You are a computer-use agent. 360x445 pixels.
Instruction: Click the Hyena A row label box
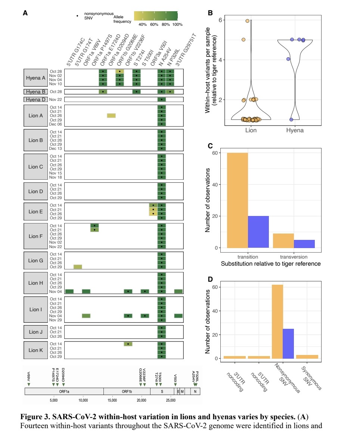click(35, 77)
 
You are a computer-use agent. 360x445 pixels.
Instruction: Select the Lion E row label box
click(36, 211)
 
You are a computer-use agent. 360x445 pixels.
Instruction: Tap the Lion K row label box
click(36, 350)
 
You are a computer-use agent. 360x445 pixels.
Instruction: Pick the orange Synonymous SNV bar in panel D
click(307, 357)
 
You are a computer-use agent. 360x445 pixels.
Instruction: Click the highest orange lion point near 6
click(247, 21)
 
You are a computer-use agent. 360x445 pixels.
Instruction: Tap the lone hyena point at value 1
click(291, 120)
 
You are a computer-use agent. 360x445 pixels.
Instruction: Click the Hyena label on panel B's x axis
click(295, 130)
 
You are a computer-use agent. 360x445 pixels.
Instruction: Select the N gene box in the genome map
click(195, 391)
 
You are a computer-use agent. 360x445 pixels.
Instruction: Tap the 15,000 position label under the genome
click(112, 400)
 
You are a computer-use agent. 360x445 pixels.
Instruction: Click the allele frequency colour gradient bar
click(156, 16)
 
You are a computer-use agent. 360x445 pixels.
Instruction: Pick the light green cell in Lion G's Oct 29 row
click(78, 267)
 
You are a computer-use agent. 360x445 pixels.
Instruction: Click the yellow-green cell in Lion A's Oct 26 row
click(111, 115)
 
